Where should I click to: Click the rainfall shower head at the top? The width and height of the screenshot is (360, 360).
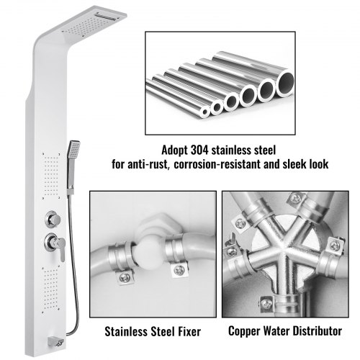point(94,23)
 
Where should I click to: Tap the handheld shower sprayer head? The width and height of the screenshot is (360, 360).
point(74,149)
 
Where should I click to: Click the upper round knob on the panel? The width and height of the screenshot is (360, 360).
point(53,219)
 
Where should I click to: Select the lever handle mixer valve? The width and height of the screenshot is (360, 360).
point(55,244)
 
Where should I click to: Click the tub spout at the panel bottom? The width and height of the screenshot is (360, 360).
point(56,342)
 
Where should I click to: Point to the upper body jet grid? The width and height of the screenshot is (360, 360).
point(51,176)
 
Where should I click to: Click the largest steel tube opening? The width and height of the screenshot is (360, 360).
point(285,82)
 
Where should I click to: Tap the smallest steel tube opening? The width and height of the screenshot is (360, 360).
point(205,112)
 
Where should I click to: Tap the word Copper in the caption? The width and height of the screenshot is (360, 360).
point(244,332)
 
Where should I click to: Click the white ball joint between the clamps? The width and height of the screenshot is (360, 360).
point(145,253)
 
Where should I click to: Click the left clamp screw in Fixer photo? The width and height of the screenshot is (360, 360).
point(125,277)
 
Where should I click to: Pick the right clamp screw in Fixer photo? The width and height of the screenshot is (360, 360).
point(179,270)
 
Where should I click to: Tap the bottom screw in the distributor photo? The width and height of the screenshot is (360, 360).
point(266,303)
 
